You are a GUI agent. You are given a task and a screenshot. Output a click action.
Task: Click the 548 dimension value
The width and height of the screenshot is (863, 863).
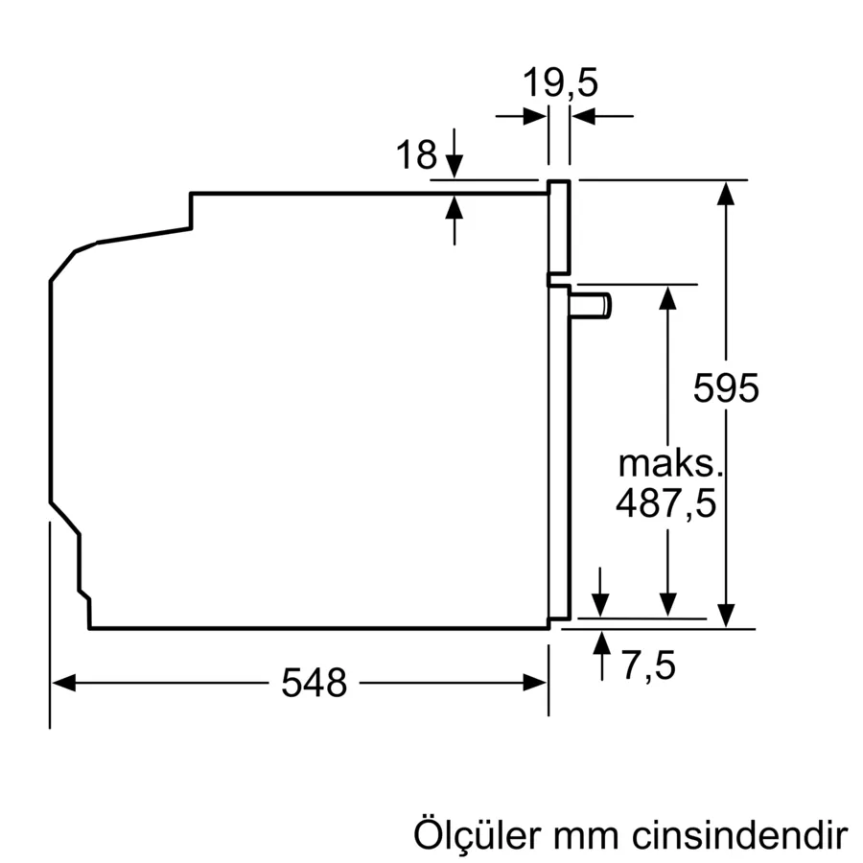314,683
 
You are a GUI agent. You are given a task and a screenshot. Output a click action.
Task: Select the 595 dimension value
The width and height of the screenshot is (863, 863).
726,388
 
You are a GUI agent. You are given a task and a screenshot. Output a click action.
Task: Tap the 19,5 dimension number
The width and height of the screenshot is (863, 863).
560,83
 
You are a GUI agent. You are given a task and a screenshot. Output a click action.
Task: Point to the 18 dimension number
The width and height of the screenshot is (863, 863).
416,154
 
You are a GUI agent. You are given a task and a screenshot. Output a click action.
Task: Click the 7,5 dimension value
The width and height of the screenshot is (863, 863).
648,665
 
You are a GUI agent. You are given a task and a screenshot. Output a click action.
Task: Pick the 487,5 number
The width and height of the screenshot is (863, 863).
666,503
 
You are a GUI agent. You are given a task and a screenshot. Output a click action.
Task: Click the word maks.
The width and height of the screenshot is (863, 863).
668,464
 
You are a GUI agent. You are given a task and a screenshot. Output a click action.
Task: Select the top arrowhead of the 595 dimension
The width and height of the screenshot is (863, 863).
727,193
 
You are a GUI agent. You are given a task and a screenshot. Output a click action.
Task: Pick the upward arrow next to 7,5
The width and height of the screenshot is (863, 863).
601,641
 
